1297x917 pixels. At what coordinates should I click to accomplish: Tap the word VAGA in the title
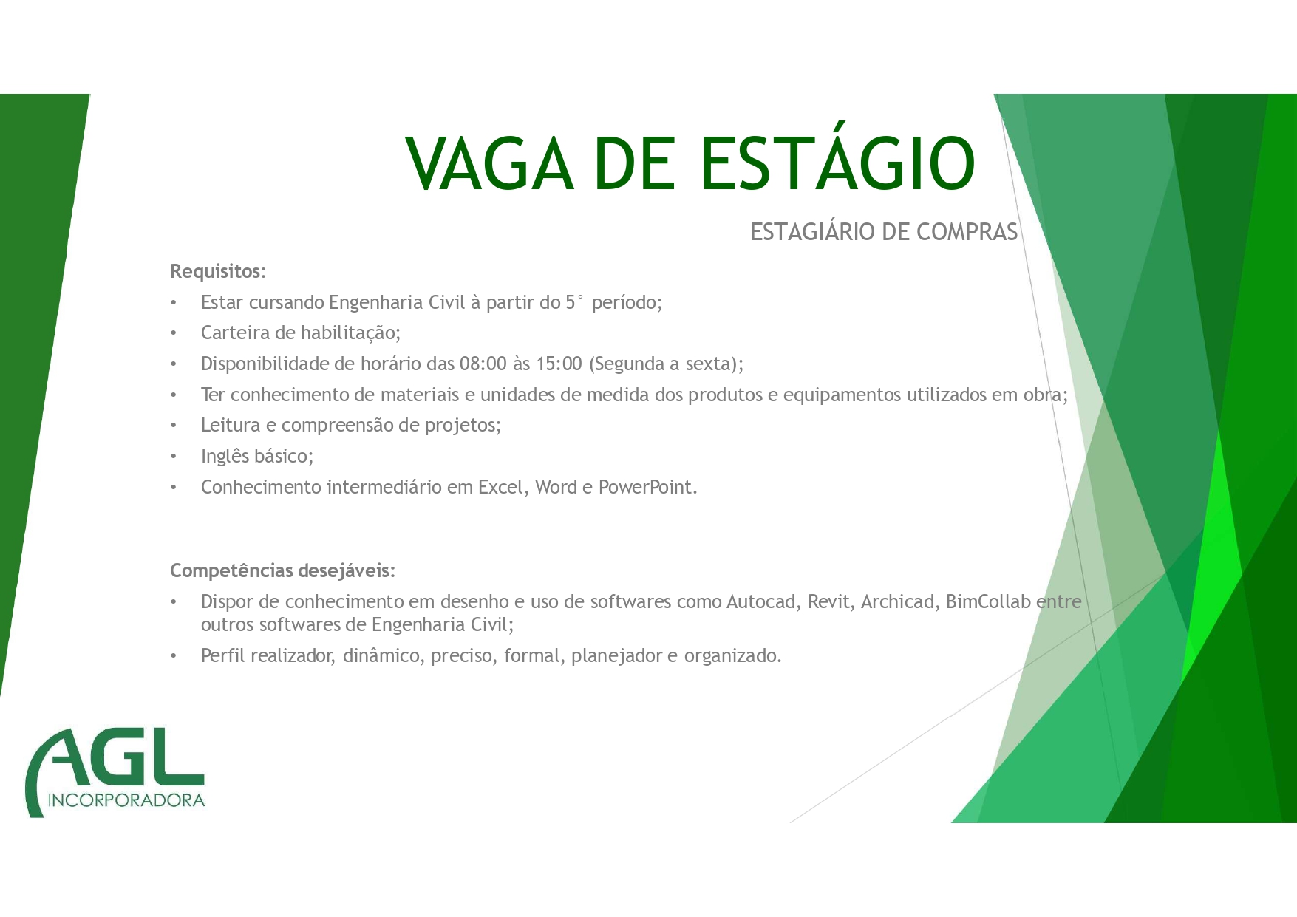489,163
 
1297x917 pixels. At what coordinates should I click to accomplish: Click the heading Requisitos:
218,272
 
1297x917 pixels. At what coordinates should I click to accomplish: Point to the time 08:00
483,364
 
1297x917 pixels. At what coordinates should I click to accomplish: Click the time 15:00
559,364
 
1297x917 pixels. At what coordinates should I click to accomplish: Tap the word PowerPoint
647,488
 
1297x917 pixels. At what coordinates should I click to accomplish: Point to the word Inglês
225,457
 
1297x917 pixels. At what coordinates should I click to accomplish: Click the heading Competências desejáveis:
283,570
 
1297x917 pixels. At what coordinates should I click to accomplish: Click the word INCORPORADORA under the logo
126,800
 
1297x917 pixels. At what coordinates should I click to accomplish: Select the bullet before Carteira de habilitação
174,334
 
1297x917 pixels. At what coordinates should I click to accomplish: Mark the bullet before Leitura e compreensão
174,426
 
